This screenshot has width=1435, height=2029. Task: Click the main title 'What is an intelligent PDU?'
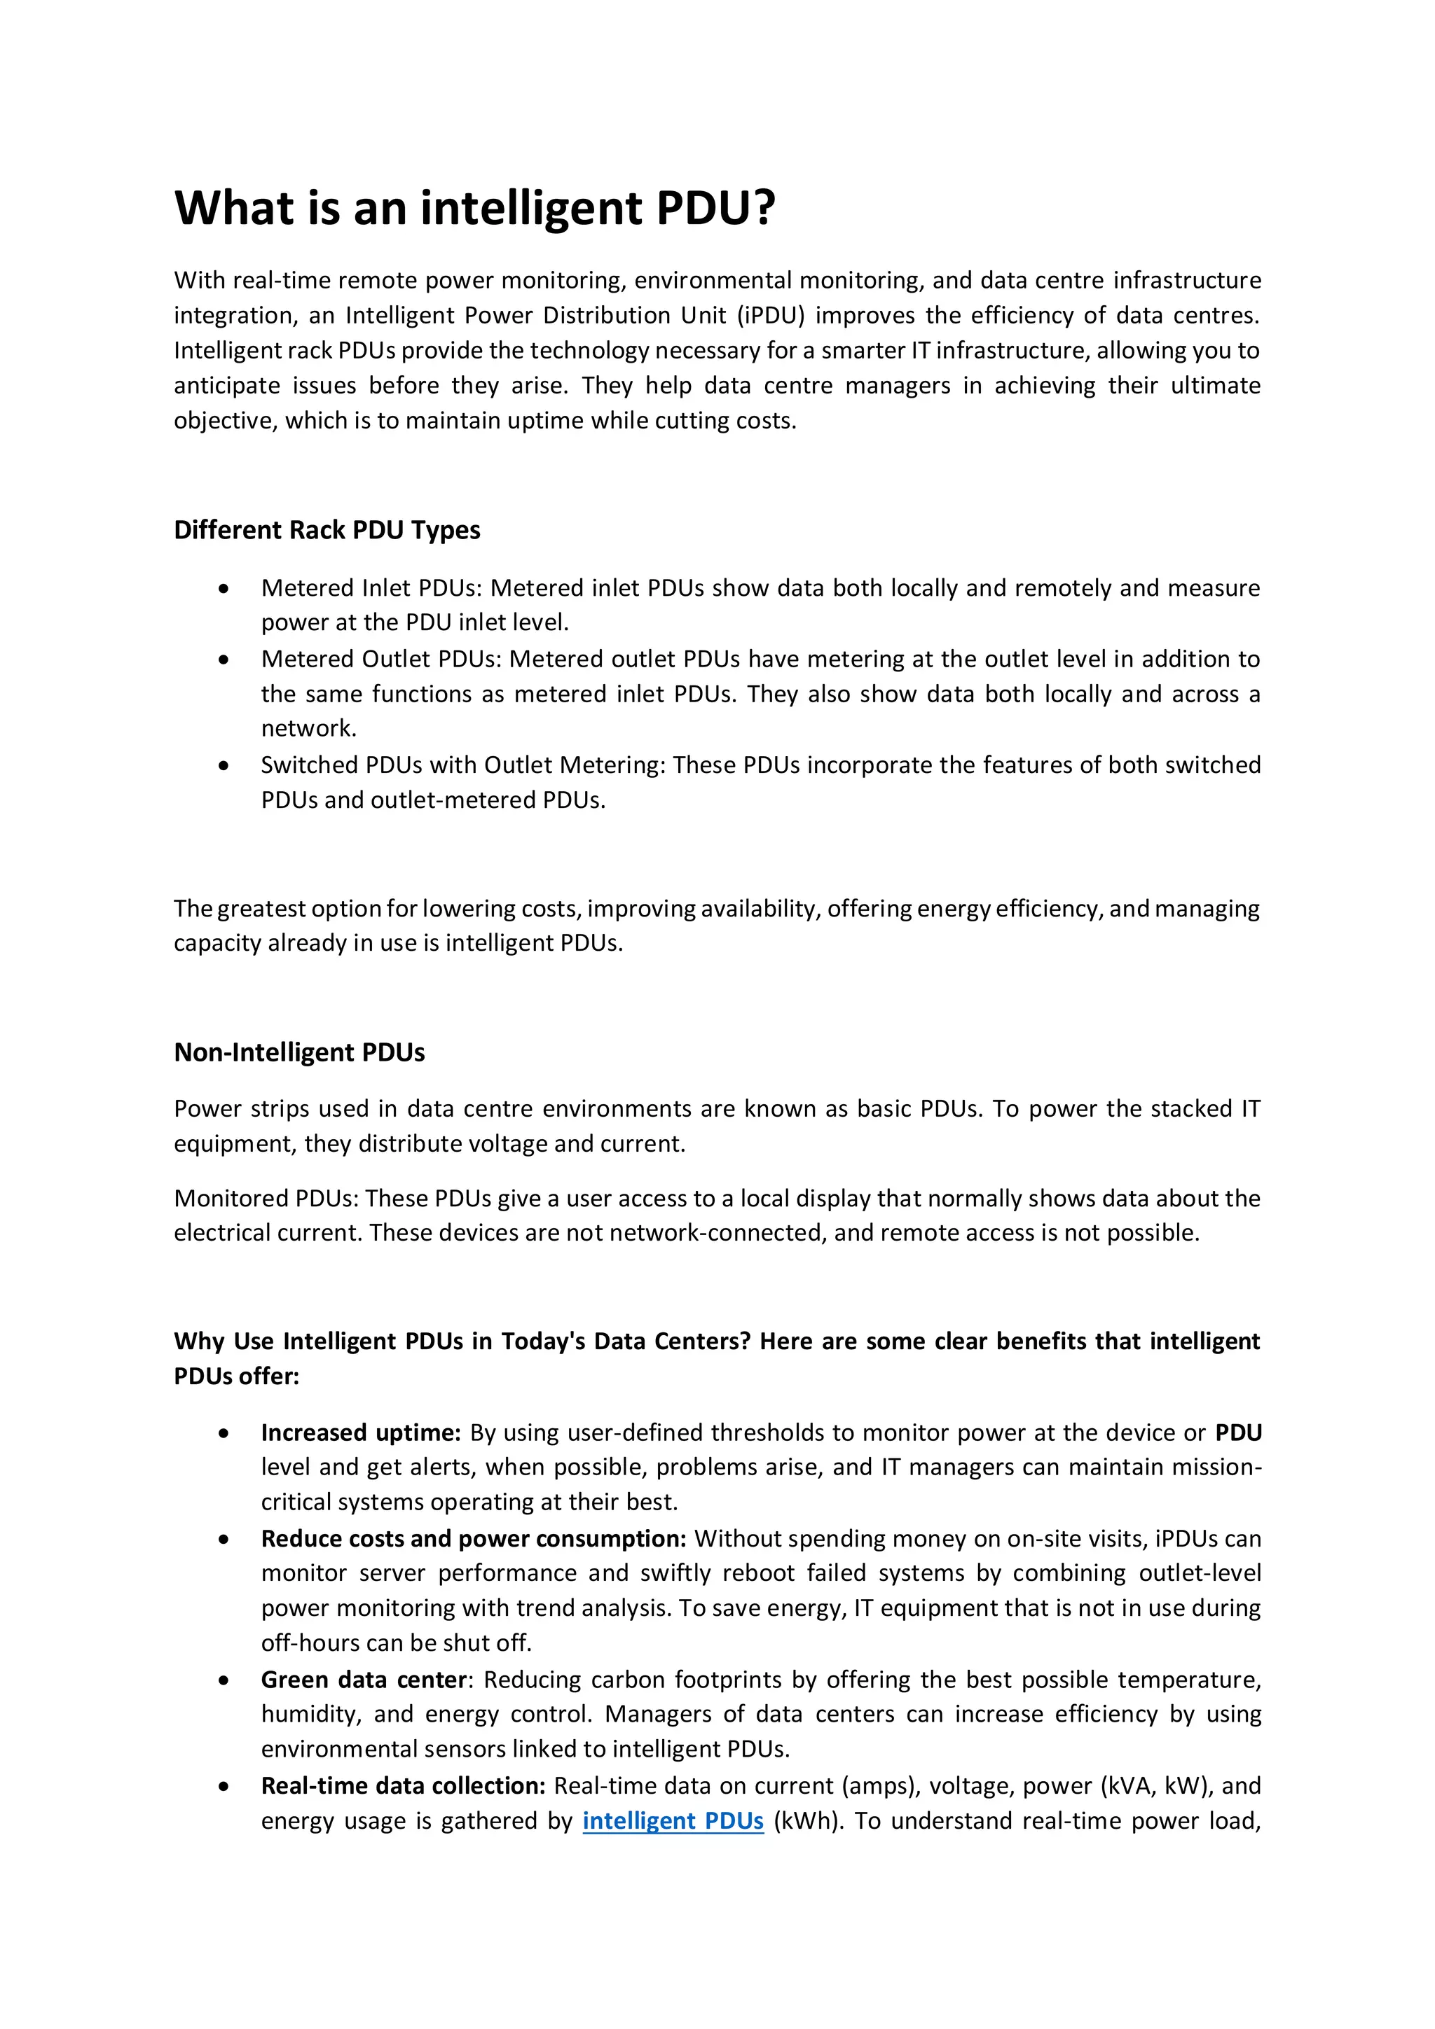pyautogui.click(x=475, y=209)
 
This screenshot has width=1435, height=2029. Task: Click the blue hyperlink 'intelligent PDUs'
pyautogui.click(x=672, y=1820)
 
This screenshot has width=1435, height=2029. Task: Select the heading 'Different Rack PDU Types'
pyautogui.click(x=327, y=530)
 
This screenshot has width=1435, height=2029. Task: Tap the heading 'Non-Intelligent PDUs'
pyautogui.click(x=299, y=1052)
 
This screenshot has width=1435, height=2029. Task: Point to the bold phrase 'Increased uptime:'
pyautogui.click(x=361, y=1432)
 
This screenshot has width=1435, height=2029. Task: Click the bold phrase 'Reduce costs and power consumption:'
pyautogui.click(x=473, y=1538)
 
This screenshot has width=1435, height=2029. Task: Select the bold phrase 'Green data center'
pyautogui.click(x=364, y=1679)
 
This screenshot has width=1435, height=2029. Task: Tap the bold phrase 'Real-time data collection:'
pyautogui.click(x=402, y=1785)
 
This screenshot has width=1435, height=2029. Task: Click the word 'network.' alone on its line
pyautogui.click(x=308, y=729)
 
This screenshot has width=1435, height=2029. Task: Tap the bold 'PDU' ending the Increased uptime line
pyautogui.click(x=1238, y=1432)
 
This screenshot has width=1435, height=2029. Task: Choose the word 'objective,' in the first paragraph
pyautogui.click(x=225, y=421)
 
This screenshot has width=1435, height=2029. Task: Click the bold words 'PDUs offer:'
pyautogui.click(x=236, y=1376)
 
